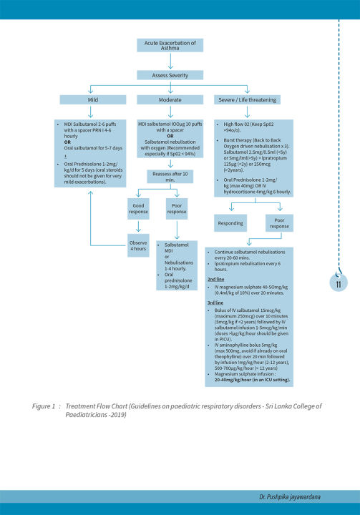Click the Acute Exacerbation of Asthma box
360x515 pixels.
click(170, 46)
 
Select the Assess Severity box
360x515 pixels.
click(170, 74)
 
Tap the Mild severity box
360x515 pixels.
click(92, 99)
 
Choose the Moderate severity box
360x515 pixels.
click(170, 99)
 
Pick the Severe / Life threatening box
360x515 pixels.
click(248, 99)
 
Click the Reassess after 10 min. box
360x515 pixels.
click(170, 176)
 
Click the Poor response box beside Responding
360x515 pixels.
click(280, 222)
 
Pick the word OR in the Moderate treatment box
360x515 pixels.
click(170, 137)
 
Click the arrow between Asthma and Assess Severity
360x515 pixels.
click(170, 61)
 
